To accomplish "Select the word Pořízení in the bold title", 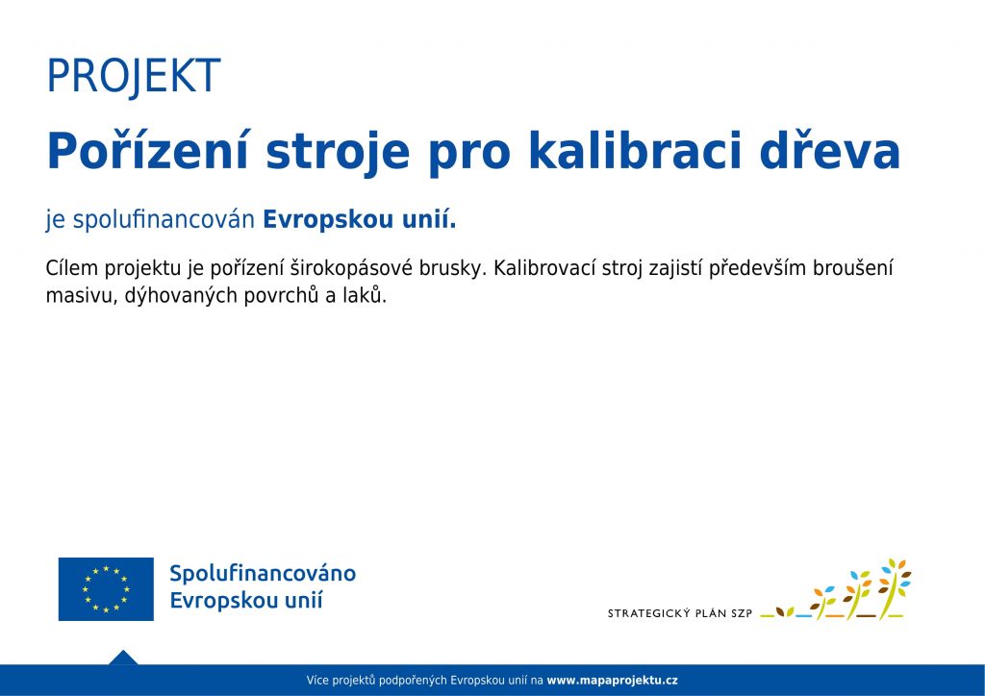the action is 149,151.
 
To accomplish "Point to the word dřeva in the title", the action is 830,151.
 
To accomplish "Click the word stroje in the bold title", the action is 338,155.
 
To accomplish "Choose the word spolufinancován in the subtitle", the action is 164,220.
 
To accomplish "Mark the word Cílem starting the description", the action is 71,268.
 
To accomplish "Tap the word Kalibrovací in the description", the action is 544,268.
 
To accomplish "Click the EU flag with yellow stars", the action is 106,588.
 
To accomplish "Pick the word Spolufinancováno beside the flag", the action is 263,574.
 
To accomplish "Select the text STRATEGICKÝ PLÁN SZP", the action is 680,613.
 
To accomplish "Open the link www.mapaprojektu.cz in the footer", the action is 613,681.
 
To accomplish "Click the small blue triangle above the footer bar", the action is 123,658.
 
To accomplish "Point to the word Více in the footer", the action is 316,681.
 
